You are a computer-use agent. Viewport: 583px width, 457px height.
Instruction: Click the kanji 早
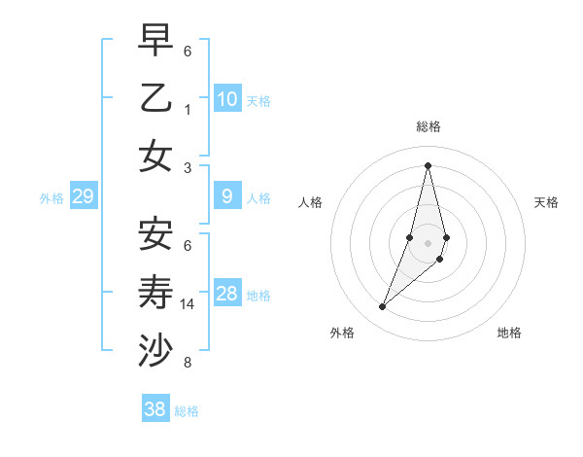pyautogui.click(x=156, y=40)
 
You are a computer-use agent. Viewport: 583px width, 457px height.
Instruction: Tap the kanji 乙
pyautogui.click(x=156, y=99)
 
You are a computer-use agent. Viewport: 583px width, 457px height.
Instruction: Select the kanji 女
pyautogui.click(x=156, y=156)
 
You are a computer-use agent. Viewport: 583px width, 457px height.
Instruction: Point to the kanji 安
pyautogui.click(x=156, y=233)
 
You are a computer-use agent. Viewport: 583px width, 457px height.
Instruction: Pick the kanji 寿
pyautogui.click(x=156, y=292)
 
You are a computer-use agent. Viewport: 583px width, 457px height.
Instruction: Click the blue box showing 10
pyautogui.click(x=227, y=99)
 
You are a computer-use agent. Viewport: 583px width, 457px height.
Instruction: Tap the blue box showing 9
pyautogui.click(x=227, y=197)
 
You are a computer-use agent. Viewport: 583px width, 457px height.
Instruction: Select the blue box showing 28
pyautogui.click(x=227, y=295)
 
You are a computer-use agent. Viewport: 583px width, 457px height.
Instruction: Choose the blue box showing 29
pyautogui.click(x=84, y=197)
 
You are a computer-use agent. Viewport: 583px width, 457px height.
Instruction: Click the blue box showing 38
pyautogui.click(x=155, y=409)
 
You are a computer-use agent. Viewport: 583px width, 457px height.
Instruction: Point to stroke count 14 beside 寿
pyautogui.click(x=188, y=304)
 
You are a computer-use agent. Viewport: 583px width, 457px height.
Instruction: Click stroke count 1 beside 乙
pyautogui.click(x=188, y=110)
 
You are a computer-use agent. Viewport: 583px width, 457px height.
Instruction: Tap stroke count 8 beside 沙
pyautogui.click(x=188, y=363)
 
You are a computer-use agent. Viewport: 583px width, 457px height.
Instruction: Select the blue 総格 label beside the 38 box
pyautogui.click(x=187, y=411)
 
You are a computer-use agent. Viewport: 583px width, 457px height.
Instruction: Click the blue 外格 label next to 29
pyautogui.click(x=51, y=198)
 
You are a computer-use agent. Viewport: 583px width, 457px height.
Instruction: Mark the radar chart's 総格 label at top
pyautogui.click(x=428, y=126)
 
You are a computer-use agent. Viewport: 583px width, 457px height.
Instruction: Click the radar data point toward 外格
pyautogui.click(x=383, y=307)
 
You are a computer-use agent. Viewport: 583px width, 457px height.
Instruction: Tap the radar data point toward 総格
pyautogui.click(x=428, y=165)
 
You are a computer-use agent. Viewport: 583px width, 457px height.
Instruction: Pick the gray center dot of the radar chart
pyautogui.click(x=428, y=242)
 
